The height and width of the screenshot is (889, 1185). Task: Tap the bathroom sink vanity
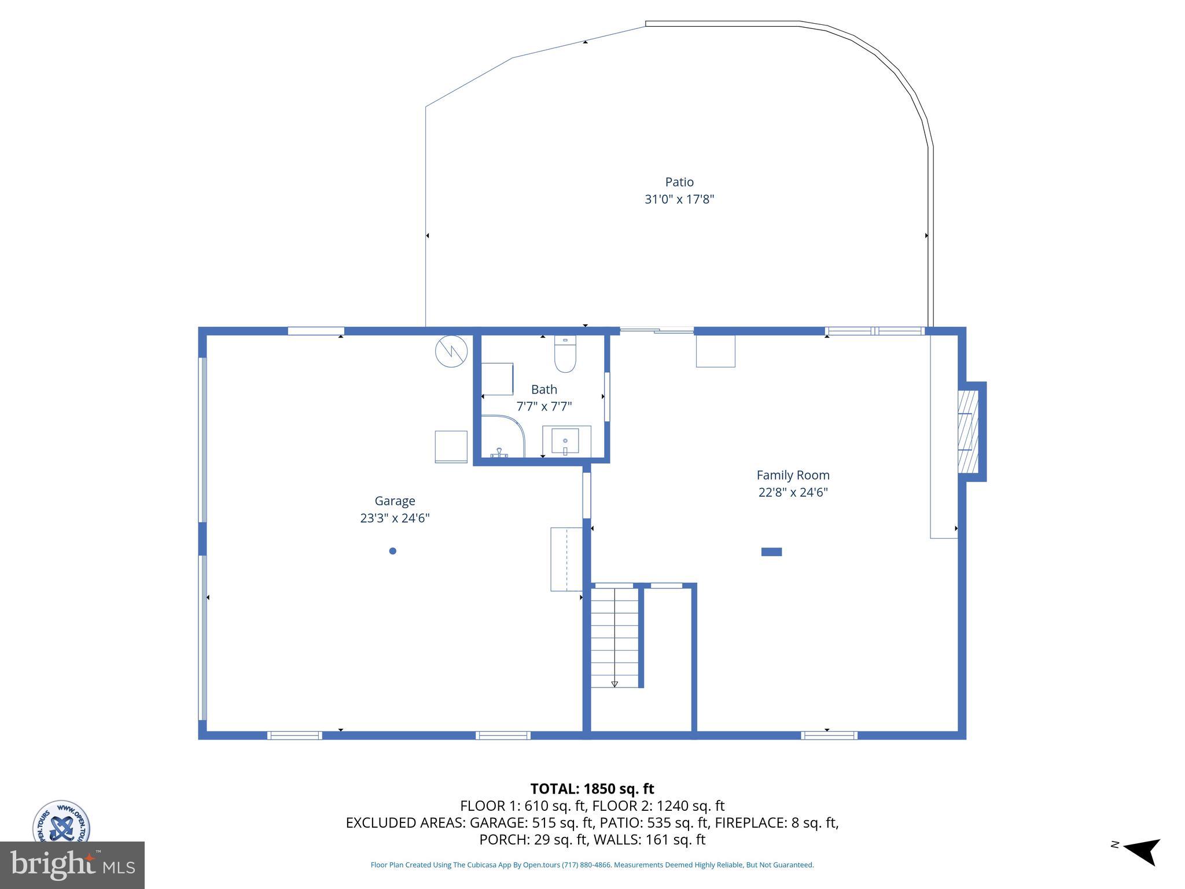tap(566, 442)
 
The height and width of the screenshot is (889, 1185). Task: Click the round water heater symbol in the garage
tap(451, 351)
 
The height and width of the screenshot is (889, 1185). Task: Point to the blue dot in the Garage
tap(392, 551)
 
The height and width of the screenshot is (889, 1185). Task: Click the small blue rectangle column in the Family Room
tap(771, 552)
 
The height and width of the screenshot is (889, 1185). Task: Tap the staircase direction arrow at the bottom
tap(614, 684)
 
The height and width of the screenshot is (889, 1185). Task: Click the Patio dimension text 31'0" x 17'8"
tap(679, 200)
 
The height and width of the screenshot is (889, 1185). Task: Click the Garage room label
tap(395, 501)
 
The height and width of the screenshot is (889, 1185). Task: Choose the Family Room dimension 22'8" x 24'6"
tap(793, 493)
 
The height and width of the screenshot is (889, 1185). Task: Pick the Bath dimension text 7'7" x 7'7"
tap(543, 406)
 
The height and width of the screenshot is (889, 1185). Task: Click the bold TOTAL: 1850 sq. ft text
tap(592, 789)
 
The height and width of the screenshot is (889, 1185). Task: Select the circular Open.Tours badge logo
tap(61, 822)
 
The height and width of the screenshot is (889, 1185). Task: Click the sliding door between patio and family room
tap(657, 331)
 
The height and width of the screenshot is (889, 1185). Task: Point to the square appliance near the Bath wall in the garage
tap(451, 447)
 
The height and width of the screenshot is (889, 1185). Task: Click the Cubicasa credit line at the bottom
tap(592, 865)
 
